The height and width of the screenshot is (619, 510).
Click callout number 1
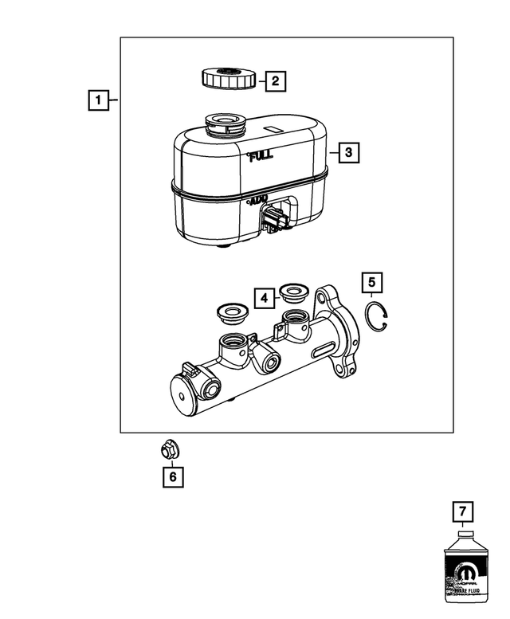[98, 100]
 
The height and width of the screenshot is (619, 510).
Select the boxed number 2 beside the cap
[274, 80]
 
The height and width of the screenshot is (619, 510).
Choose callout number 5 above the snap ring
[371, 282]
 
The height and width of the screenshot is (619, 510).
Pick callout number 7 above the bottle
[461, 511]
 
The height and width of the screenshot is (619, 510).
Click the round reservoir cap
[228, 80]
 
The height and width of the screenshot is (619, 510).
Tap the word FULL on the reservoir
[260, 157]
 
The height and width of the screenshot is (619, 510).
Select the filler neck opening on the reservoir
[226, 124]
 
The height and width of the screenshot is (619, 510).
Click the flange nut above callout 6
[169, 450]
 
